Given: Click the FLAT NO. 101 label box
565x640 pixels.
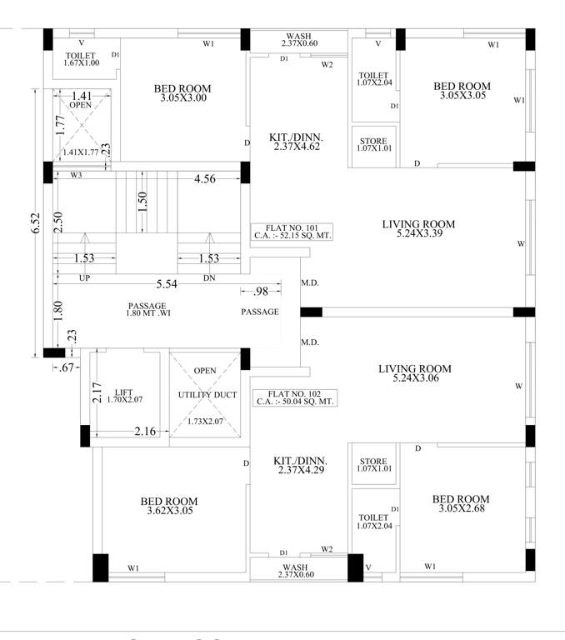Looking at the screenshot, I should tap(292, 232).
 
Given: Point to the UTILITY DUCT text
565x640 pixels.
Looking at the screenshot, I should tap(203, 395).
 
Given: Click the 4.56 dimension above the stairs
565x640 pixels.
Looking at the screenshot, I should tap(205, 178).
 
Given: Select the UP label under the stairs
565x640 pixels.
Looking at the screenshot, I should tap(84, 278).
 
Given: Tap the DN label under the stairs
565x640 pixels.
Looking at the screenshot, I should tap(209, 278).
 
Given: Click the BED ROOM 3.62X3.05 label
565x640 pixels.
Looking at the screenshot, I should tap(169, 506).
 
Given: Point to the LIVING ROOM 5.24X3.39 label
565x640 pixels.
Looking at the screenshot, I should tap(417, 229).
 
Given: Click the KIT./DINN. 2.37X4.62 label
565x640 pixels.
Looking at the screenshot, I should tap(296, 141).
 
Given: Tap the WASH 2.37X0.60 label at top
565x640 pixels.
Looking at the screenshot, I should tap(298, 39).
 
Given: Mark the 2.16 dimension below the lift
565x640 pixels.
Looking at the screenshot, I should tap(147, 431).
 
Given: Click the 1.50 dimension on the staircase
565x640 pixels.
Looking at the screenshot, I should tap(142, 202).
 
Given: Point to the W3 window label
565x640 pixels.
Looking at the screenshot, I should tap(76, 176).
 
